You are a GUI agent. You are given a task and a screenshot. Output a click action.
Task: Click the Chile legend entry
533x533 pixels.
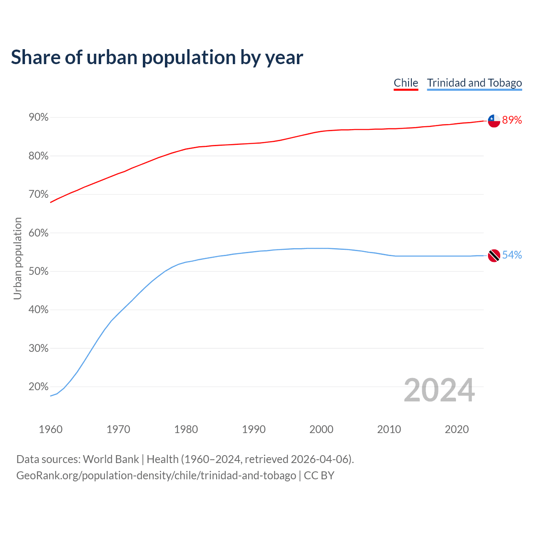[x=406, y=83]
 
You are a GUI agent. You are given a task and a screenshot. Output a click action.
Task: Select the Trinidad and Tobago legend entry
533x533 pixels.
[x=474, y=83]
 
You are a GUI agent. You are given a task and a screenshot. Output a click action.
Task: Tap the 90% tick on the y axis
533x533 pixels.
[x=39, y=117]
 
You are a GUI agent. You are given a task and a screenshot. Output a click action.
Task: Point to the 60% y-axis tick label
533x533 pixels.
[x=39, y=233]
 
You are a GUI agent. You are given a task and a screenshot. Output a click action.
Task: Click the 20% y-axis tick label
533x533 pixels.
[x=39, y=387]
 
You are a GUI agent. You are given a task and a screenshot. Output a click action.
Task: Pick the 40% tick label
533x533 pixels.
[x=39, y=310]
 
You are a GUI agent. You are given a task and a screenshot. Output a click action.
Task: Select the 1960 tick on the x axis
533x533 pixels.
[x=50, y=429]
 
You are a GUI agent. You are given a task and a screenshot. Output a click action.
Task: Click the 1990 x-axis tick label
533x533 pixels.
[x=254, y=429]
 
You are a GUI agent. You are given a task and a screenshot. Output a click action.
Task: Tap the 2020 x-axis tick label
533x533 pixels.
[x=457, y=429]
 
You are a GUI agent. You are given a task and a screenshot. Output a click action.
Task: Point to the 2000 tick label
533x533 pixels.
[x=321, y=429]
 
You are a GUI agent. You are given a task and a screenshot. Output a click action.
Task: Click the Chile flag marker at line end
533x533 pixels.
[x=494, y=121]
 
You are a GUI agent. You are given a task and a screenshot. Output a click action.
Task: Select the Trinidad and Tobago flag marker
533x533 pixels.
[x=494, y=256]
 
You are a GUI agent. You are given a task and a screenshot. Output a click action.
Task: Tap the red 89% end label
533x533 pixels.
[x=512, y=120]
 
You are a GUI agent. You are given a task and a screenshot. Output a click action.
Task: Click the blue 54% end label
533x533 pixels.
[x=512, y=255]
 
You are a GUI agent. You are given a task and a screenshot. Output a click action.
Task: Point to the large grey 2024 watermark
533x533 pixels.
[x=439, y=390]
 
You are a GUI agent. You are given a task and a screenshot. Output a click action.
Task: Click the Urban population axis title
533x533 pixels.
[x=17, y=259]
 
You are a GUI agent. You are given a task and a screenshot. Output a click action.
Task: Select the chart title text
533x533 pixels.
[x=157, y=57]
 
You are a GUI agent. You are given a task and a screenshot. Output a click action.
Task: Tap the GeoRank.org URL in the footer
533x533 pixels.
[x=156, y=476]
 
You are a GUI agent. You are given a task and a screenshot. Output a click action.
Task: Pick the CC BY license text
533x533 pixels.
[x=319, y=476]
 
